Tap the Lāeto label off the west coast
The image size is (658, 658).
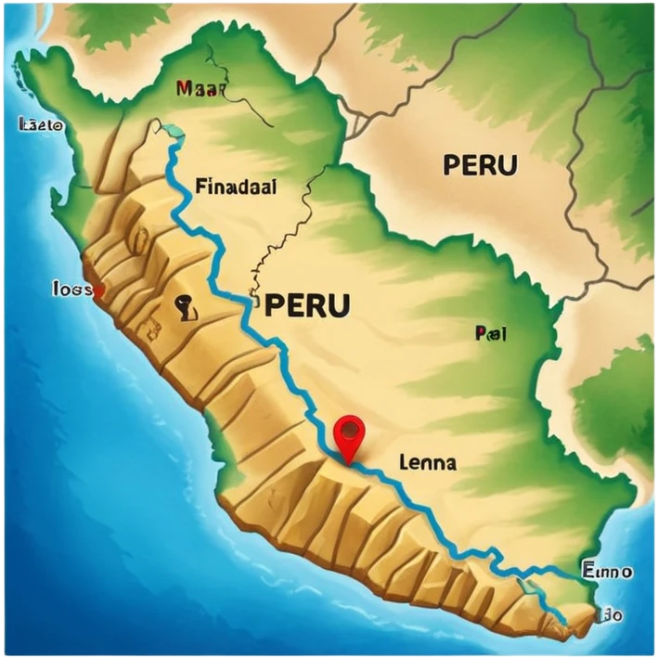41,124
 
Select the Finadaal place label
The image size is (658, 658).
236,187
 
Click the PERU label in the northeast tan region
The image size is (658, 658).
480,165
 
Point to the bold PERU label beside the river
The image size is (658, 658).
307,304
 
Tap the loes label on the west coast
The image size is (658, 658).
71,289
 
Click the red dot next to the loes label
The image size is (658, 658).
99,290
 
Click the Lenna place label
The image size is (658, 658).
426,461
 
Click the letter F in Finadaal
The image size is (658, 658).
200,187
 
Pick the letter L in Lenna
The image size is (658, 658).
403,461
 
